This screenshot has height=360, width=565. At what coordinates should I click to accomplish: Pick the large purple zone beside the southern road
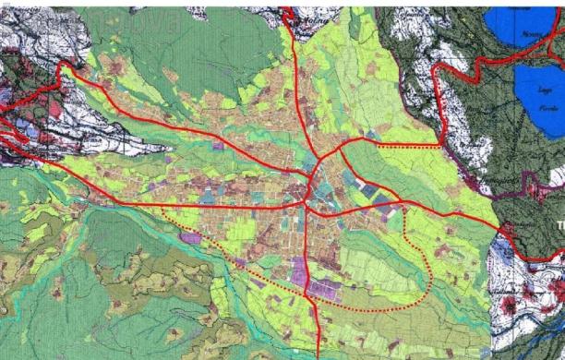pyautogui.click(x=300, y=272)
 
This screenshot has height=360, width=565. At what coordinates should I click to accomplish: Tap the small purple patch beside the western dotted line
pyautogui.click(x=190, y=238)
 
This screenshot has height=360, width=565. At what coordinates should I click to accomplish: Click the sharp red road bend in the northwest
pyautogui.click(x=66, y=67)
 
